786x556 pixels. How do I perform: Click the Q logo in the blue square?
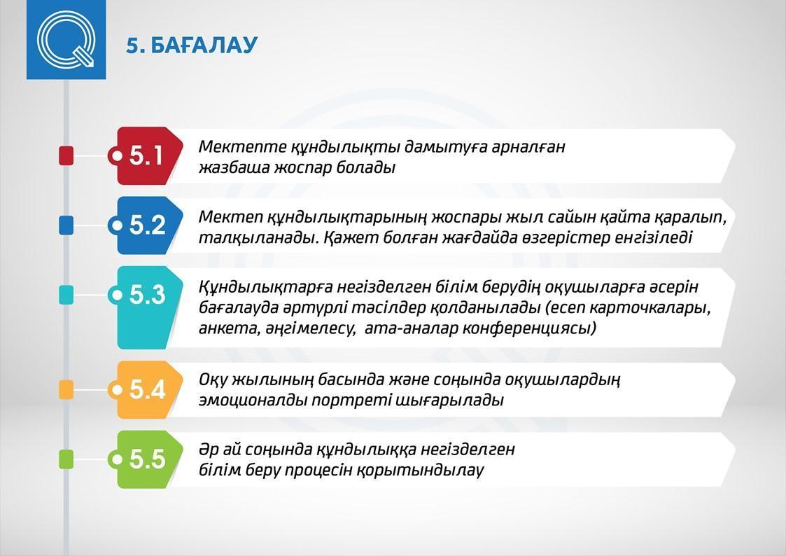pyautogui.click(x=66, y=40)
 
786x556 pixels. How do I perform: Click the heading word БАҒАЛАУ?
pyautogui.click(x=204, y=45)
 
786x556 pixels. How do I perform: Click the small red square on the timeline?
pyautogui.click(x=66, y=155)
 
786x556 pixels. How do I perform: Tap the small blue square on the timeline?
pyautogui.click(x=66, y=225)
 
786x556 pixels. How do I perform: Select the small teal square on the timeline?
pyautogui.click(x=66, y=295)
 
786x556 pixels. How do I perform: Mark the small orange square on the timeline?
pyautogui.click(x=66, y=389)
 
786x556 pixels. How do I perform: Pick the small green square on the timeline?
pyautogui.click(x=66, y=459)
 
